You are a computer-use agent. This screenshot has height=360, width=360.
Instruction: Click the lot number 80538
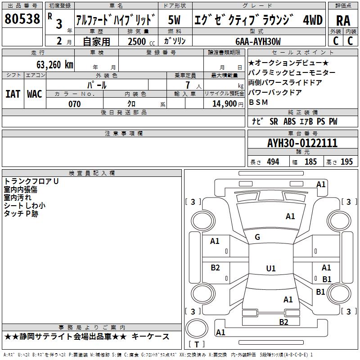[22, 18]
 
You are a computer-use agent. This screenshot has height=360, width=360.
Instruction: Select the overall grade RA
[343, 21]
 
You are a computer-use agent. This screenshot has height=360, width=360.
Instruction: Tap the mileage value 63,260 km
[55, 65]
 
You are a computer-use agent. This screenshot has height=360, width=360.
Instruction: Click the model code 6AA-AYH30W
[258, 41]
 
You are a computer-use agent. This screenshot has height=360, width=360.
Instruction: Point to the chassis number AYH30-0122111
[302, 143]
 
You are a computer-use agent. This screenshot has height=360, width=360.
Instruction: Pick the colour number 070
[75, 104]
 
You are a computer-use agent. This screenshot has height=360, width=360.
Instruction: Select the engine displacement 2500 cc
[141, 41]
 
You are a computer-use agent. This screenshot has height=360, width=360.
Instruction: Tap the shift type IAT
[13, 94]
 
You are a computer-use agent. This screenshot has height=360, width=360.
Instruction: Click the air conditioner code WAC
[35, 94]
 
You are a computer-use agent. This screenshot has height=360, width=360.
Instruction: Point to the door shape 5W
[174, 20]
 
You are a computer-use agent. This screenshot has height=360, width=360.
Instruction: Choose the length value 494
[273, 162]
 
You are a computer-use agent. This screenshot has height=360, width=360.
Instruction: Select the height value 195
[346, 162]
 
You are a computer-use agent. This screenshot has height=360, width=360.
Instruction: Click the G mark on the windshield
[257, 237]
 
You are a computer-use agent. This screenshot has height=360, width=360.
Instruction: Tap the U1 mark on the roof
[271, 268]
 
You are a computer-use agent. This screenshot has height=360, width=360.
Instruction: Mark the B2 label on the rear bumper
[283, 322]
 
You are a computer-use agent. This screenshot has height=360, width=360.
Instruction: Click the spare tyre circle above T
[197, 328]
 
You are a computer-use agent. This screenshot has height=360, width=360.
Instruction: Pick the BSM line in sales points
[258, 102]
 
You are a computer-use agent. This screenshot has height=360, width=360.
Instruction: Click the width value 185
[310, 162]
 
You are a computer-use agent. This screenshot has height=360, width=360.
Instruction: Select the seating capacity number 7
[188, 85]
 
